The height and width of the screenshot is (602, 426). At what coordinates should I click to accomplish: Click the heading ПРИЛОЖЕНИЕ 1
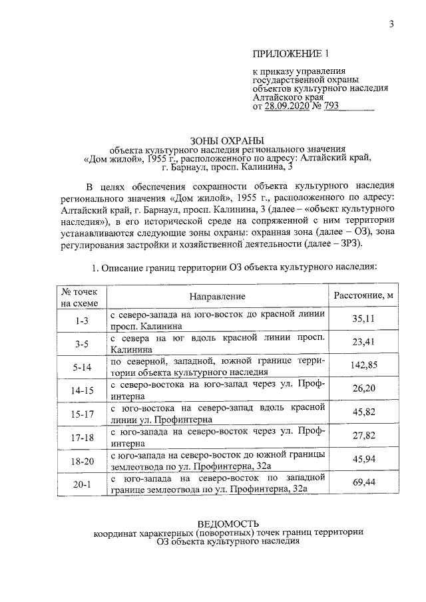click(x=291, y=53)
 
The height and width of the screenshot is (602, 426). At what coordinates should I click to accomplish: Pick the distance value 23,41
click(x=364, y=343)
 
